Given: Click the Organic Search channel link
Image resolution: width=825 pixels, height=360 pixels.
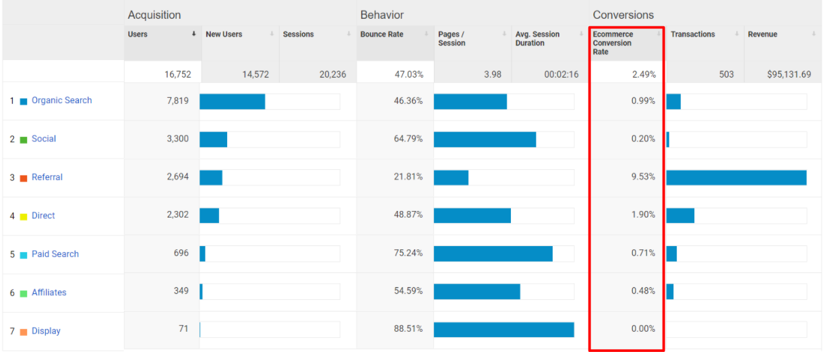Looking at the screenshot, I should pyautogui.click(x=61, y=100).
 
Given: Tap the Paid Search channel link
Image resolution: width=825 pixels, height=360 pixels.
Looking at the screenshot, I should pyautogui.click(x=55, y=254).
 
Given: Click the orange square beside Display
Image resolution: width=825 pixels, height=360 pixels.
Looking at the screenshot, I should pyautogui.click(x=24, y=332).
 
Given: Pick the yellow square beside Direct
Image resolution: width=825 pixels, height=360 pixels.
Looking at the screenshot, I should pyautogui.click(x=24, y=216).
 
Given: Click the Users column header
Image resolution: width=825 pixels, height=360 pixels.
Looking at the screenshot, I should pyautogui.click(x=138, y=34).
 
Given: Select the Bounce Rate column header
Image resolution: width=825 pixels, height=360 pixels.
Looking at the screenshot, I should pyautogui.click(x=381, y=34).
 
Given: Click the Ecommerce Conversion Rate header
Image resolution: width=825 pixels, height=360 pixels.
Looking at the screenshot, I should pyautogui.click(x=613, y=42).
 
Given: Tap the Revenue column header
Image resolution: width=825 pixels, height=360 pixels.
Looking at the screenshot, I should pyautogui.click(x=762, y=34).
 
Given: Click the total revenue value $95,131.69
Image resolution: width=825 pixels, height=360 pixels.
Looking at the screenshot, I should pyautogui.click(x=789, y=74).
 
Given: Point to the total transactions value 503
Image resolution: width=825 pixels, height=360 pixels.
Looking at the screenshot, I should pyautogui.click(x=726, y=74).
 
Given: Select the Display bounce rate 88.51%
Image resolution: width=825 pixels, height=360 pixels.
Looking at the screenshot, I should pyautogui.click(x=408, y=329).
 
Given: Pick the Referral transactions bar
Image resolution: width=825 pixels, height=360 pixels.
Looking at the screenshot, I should pyautogui.click(x=736, y=177).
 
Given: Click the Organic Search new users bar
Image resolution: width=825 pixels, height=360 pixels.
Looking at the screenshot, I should pyautogui.click(x=232, y=101).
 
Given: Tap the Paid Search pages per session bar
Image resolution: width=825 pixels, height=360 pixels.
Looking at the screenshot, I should pyautogui.click(x=493, y=253).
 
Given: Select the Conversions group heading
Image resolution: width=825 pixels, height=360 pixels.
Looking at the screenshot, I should pyautogui.click(x=623, y=15).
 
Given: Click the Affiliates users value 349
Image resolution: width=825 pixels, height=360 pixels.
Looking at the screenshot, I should pyautogui.click(x=181, y=291).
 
